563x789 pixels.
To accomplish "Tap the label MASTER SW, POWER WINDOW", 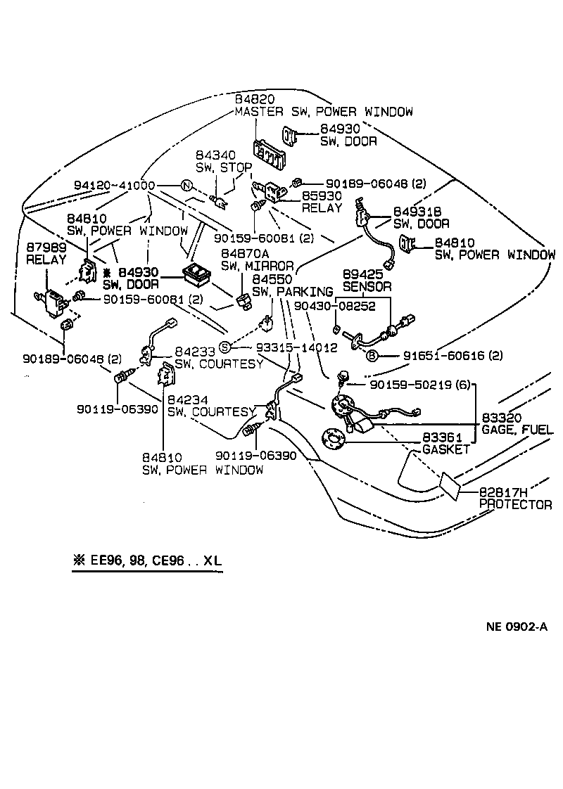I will coord(324,112).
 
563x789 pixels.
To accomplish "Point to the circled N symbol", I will coord(186,186).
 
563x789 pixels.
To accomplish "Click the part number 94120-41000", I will coord(114,186).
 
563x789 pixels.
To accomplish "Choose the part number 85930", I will coord(322,196).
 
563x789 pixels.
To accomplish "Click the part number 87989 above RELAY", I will coord(46,248).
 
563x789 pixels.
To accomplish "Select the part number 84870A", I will coord(246,254).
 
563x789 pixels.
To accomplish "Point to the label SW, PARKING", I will coord(291,292).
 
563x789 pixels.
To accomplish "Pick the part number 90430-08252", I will coord(334,307).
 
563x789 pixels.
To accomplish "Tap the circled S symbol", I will coord(224,347).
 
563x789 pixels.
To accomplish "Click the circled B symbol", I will coord(372,355).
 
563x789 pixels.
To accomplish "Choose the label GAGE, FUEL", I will coord(517,429).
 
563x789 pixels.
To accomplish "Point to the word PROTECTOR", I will coord(515,504).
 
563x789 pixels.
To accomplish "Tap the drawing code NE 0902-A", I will coord(516,628).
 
